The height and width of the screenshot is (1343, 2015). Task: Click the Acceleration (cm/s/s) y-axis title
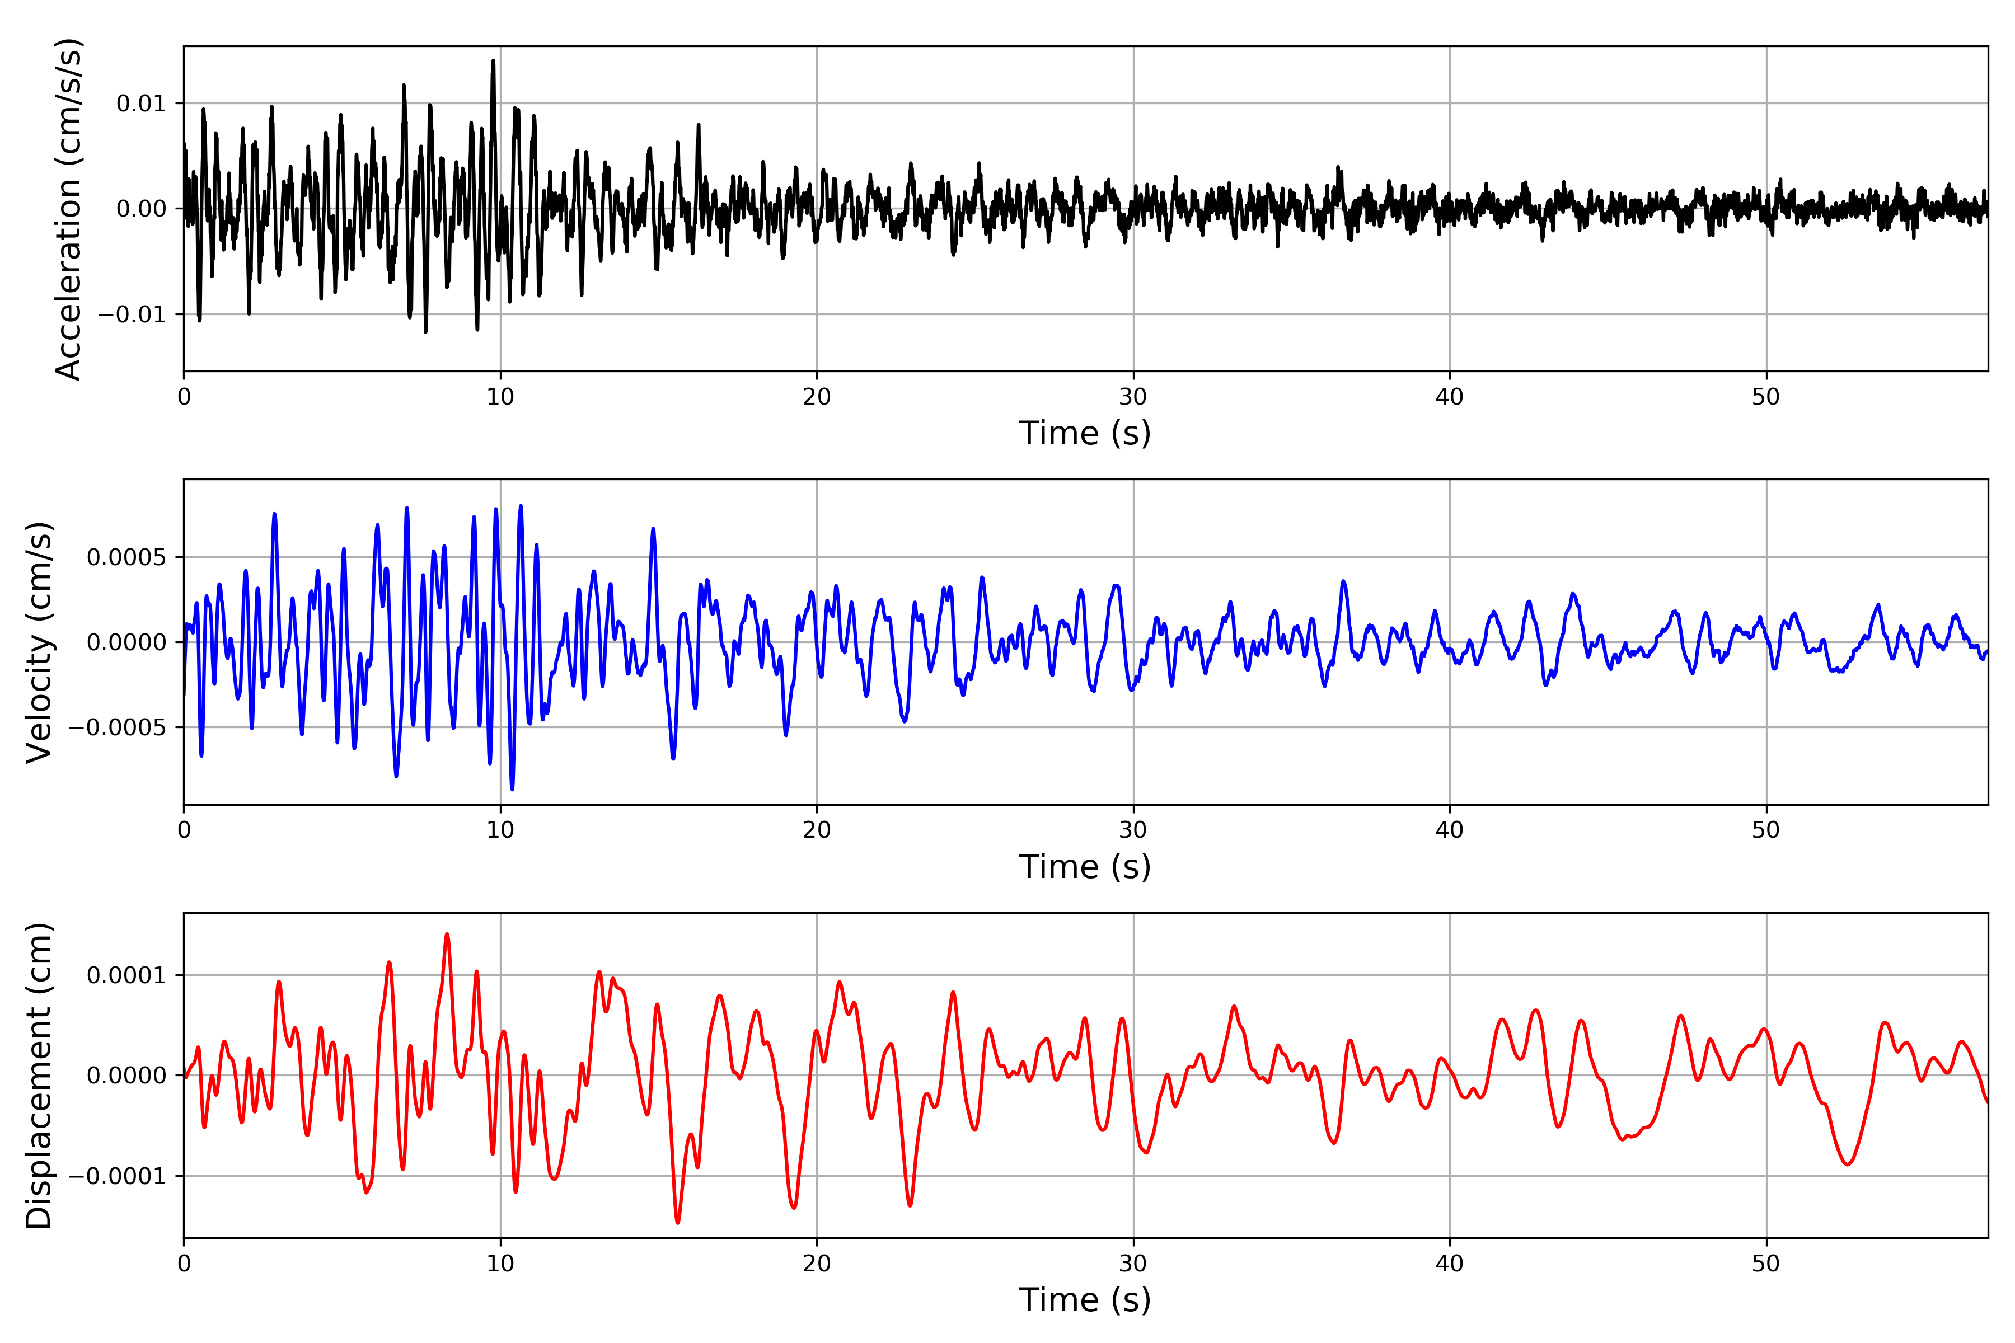click(68, 209)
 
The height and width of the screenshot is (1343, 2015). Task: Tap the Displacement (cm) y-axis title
click(39, 1075)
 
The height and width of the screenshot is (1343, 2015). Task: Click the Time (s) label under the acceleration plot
click(1085, 433)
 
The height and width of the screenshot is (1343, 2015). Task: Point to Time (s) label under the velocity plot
click(1085, 867)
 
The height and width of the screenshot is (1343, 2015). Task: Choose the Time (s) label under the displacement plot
click(1085, 1300)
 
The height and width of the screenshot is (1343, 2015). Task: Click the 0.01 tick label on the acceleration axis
click(142, 104)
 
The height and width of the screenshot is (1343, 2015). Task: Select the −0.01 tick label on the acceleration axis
click(132, 314)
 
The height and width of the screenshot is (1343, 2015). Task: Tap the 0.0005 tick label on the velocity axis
click(127, 557)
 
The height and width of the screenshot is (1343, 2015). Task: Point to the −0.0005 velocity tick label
click(118, 727)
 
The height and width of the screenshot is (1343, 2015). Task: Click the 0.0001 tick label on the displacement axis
click(127, 975)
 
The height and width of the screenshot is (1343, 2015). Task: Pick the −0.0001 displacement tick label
click(118, 1176)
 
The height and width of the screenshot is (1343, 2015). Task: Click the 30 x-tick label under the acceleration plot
click(1132, 397)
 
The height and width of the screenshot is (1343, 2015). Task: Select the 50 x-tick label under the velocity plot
click(1766, 830)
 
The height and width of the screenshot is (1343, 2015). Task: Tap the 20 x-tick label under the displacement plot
click(817, 1264)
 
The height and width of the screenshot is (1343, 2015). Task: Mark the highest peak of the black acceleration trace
click(494, 61)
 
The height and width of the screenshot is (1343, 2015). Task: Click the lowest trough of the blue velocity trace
click(512, 789)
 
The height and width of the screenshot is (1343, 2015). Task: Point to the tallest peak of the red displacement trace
click(447, 935)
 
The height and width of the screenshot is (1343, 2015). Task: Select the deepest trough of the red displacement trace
click(678, 1222)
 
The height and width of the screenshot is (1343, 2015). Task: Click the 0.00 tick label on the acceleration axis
click(142, 209)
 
